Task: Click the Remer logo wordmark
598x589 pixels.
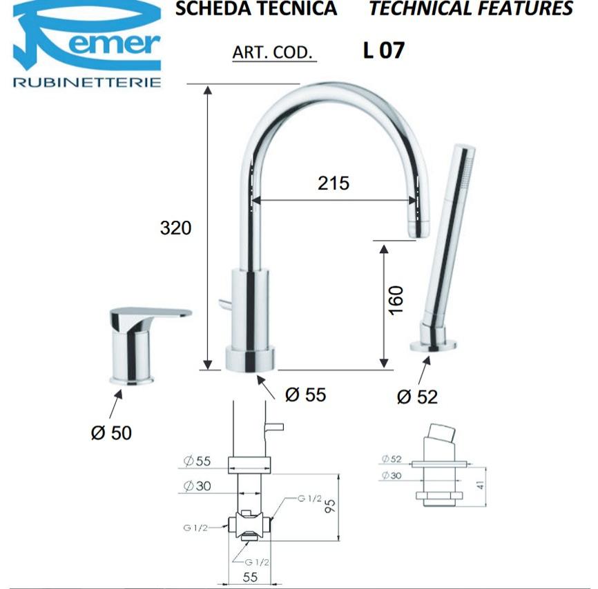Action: [87, 36]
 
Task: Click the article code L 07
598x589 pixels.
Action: [384, 50]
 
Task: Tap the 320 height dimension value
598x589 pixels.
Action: [175, 228]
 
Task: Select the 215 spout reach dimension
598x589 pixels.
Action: [334, 183]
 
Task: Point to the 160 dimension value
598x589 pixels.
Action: [396, 301]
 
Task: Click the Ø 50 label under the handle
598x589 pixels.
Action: [111, 433]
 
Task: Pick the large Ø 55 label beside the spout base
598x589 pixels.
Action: [305, 395]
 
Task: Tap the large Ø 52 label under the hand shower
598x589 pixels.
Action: [417, 397]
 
